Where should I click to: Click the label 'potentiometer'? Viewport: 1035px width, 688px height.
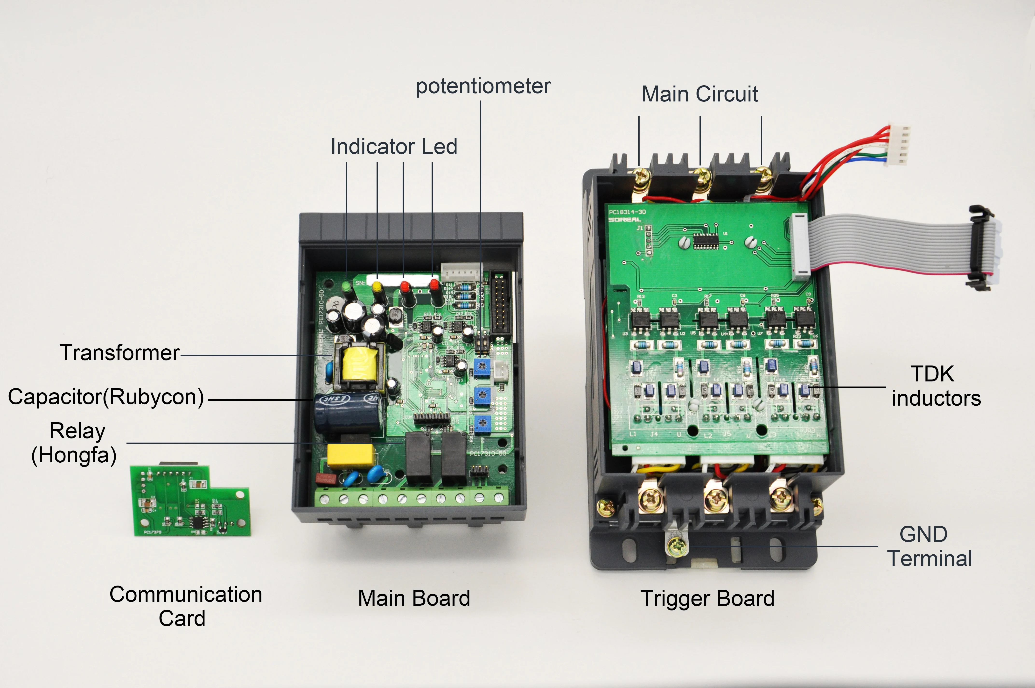[x=483, y=86]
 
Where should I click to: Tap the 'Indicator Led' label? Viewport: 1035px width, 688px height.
[x=394, y=147]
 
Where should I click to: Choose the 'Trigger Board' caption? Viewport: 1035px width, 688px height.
[x=707, y=598]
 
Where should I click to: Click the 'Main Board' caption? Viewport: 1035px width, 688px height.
[x=414, y=598]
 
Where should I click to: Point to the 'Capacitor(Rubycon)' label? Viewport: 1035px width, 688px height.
[x=106, y=397]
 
